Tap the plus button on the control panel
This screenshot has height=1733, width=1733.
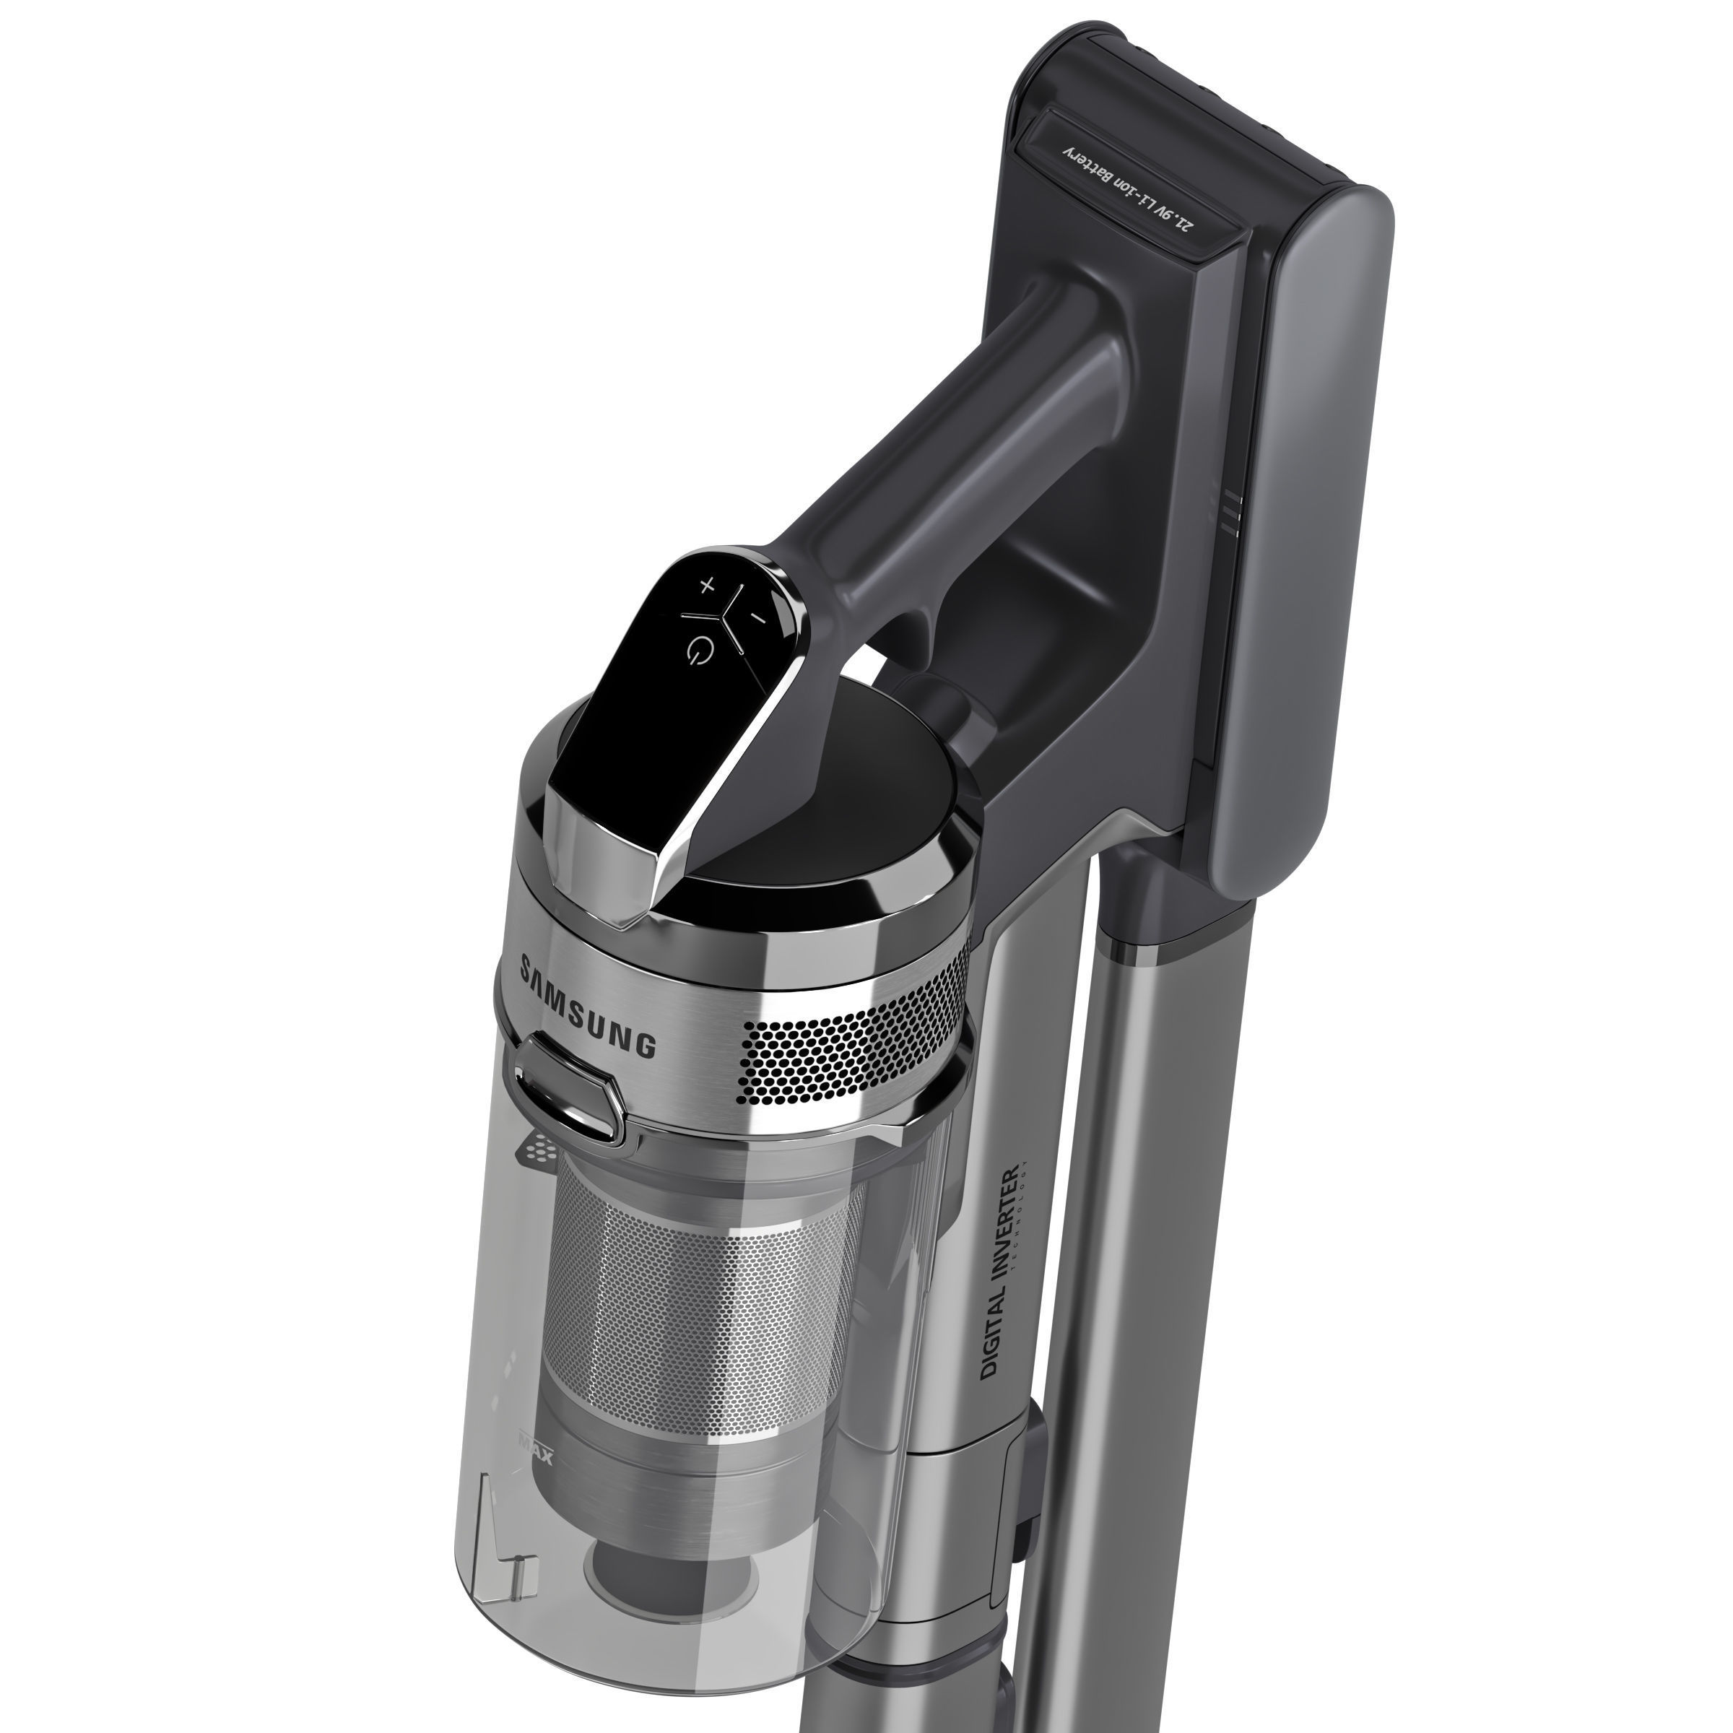[707, 586]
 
